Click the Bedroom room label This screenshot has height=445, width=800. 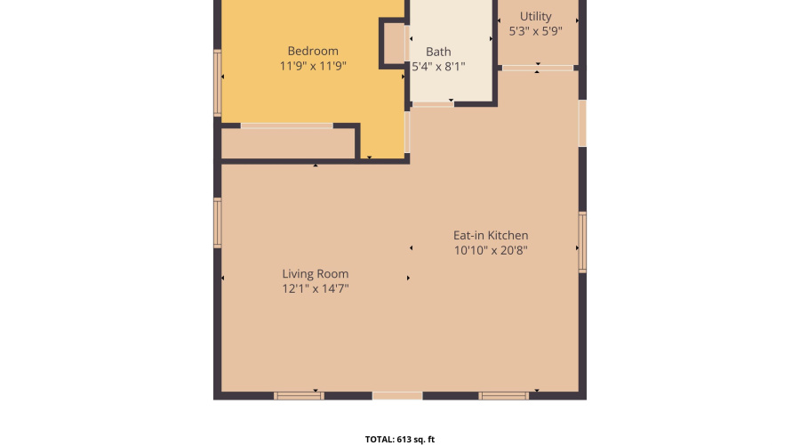tap(313, 51)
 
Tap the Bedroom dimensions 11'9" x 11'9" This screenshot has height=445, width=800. tap(313, 66)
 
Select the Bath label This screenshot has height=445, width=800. tap(438, 52)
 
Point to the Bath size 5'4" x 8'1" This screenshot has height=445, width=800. tap(438, 67)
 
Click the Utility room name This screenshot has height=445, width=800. tap(535, 16)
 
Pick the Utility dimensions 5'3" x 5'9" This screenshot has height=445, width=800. tap(535, 31)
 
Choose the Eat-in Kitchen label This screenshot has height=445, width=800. tap(491, 235)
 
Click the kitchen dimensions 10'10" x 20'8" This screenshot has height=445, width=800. tap(491, 251)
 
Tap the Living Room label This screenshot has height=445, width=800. tap(316, 273)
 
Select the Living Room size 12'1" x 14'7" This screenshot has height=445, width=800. tap(316, 288)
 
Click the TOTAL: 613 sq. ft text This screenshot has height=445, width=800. tap(400, 439)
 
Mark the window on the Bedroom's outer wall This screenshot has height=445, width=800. tap(217, 82)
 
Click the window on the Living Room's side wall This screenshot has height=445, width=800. tap(217, 222)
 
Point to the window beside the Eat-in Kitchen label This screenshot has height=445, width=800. tap(582, 241)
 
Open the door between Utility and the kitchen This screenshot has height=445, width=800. tap(537, 67)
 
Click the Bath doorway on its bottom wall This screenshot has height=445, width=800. tap(432, 104)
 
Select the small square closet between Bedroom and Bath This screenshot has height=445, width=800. tap(395, 43)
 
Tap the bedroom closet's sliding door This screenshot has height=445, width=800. tap(287, 125)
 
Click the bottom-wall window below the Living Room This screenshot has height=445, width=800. tap(299, 395)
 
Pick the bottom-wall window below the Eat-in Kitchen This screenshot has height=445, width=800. tap(504, 395)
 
